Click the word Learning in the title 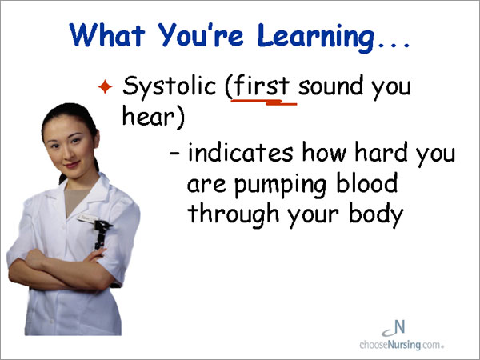pyautogui.click(x=315, y=37)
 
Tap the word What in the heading pyautogui.click(x=107, y=34)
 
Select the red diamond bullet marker pyautogui.click(x=105, y=86)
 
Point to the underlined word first pyautogui.click(x=262, y=86)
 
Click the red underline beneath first pyautogui.click(x=264, y=102)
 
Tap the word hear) pyautogui.click(x=154, y=117)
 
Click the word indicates pyautogui.click(x=240, y=152)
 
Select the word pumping pyautogui.click(x=281, y=185)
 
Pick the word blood pyautogui.click(x=366, y=182)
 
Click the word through pyautogui.click(x=234, y=214)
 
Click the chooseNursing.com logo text pyautogui.click(x=402, y=345)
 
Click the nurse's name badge pyautogui.click(x=86, y=218)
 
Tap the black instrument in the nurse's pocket pyautogui.click(x=102, y=234)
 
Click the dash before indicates pyautogui.click(x=174, y=152)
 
